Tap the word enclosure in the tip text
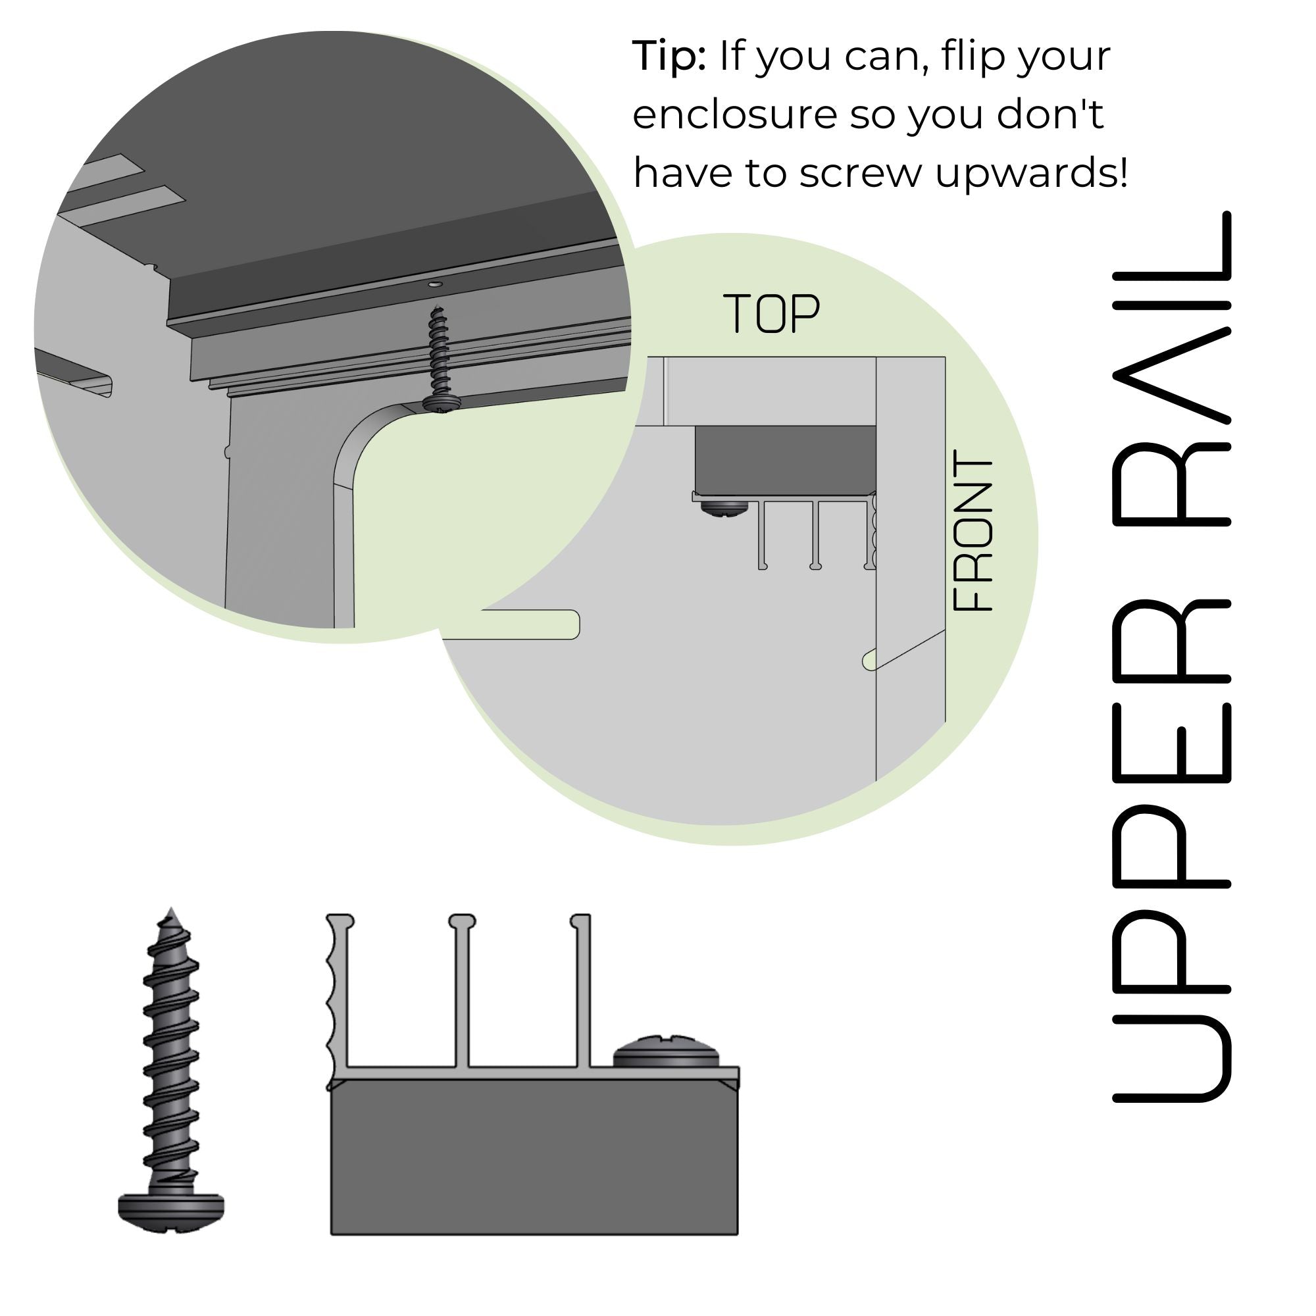click(x=734, y=114)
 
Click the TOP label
click(x=771, y=313)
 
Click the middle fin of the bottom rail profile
click(x=462, y=990)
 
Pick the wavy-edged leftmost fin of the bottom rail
click(x=338, y=994)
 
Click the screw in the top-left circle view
click(x=438, y=360)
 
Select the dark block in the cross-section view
click(x=785, y=459)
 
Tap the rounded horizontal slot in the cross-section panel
click(x=529, y=624)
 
